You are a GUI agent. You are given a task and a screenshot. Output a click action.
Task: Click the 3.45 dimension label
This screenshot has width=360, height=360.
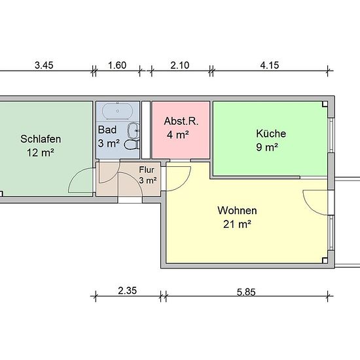[x=44, y=65]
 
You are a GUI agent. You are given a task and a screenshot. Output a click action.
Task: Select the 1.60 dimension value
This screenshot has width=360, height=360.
[x=117, y=65]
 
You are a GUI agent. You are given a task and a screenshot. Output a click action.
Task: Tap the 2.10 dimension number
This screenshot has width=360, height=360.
[x=180, y=65]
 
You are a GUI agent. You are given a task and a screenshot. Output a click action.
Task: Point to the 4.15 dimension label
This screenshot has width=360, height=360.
[x=270, y=65]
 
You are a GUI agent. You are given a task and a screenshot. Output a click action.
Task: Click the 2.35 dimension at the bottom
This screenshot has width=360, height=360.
[x=128, y=291]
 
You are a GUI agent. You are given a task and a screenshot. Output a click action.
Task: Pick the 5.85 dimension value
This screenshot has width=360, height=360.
[x=246, y=293]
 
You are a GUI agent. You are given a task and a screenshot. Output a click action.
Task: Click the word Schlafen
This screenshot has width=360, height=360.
[x=41, y=139]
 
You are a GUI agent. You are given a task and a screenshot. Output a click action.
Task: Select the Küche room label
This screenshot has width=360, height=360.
[x=271, y=134]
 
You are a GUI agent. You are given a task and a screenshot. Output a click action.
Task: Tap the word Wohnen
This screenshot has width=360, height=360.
[x=237, y=210]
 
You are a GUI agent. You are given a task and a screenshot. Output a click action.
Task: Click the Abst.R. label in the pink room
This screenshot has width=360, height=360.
[x=181, y=121]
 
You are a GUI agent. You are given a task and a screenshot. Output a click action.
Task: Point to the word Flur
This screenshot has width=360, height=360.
[x=147, y=170]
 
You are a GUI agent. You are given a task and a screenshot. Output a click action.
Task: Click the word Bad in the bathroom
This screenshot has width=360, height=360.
[x=107, y=130]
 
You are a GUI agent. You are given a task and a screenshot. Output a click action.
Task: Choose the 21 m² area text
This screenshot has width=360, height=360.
[x=237, y=224]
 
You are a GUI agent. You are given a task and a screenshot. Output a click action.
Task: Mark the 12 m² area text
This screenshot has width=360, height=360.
[x=41, y=153]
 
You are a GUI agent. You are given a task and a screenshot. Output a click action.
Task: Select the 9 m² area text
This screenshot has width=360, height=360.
[x=267, y=147]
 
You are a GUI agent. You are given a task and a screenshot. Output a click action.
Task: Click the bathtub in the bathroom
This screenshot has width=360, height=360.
[x=117, y=111]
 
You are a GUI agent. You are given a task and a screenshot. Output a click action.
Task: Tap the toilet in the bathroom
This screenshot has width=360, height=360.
[x=132, y=145]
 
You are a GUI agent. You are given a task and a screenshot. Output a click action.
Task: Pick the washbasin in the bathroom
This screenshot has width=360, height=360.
[x=134, y=130]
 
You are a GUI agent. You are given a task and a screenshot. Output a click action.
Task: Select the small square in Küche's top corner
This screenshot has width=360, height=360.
[x=325, y=104]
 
